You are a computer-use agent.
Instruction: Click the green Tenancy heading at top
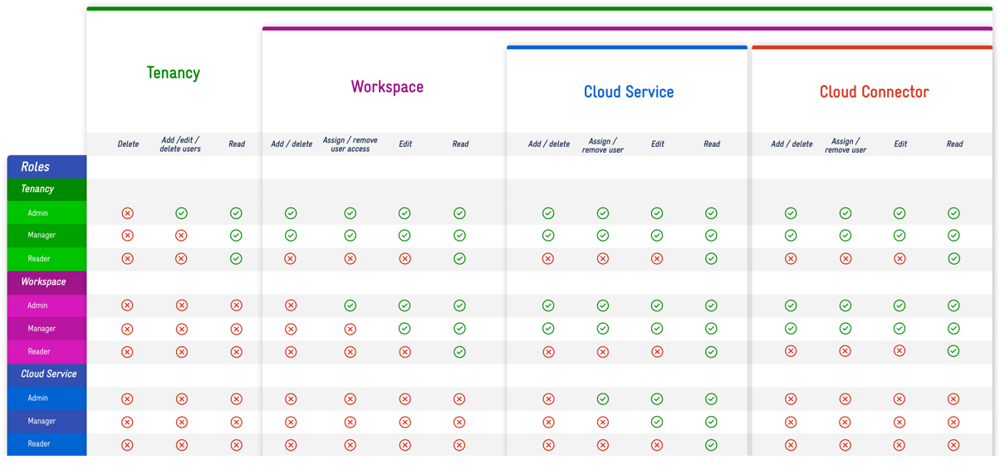click(173, 73)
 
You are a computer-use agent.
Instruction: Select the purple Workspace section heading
click(387, 87)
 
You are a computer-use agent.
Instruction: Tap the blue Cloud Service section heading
click(629, 92)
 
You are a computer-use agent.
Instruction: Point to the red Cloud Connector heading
click(874, 92)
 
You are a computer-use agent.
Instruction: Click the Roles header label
click(36, 167)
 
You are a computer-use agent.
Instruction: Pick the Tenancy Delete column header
click(128, 144)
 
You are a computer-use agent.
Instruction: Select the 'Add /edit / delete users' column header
click(180, 144)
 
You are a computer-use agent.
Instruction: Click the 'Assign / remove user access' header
click(350, 144)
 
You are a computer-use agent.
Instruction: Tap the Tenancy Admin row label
click(38, 213)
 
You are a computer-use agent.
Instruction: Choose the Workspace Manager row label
click(42, 329)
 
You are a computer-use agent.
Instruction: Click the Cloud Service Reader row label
click(39, 444)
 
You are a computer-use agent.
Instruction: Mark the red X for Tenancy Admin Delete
click(128, 213)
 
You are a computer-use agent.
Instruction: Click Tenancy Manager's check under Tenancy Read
click(237, 236)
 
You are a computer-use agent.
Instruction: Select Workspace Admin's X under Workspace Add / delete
click(291, 305)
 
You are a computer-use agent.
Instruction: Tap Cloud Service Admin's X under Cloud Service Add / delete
click(548, 399)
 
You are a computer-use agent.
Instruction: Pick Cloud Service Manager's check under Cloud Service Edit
click(657, 422)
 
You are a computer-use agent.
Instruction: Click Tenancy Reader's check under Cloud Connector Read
click(954, 259)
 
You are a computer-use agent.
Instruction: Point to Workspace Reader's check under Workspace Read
click(460, 352)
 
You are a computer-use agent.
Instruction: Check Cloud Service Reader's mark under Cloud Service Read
click(712, 445)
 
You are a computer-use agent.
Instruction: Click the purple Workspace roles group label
click(43, 282)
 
